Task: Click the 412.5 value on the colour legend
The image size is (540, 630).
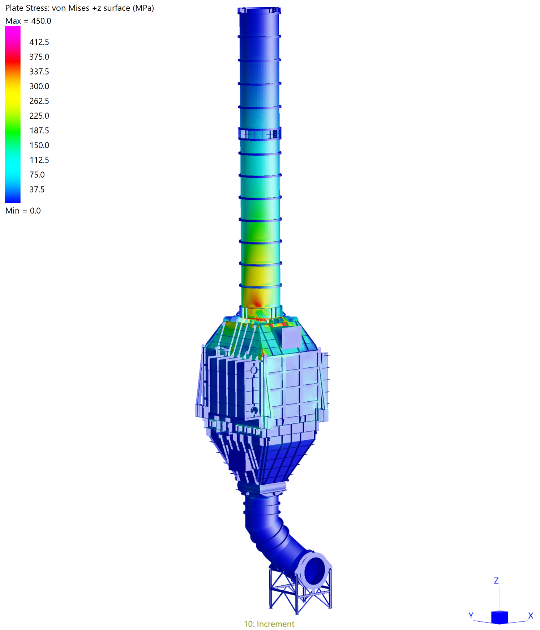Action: [x=39, y=42]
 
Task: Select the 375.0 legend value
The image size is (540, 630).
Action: [x=39, y=57]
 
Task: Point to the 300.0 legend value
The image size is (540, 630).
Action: [x=39, y=86]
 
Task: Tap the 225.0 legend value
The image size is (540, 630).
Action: [x=39, y=116]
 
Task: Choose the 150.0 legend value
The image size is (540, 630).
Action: [x=39, y=145]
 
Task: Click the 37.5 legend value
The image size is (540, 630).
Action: [x=37, y=189]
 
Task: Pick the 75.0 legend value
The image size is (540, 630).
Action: [x=37, y=175]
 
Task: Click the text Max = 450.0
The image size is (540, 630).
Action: [x=28, y=21]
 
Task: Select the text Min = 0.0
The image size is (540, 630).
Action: [x=23, y=211]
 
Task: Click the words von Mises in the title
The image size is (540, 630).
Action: [x=70, y=8]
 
